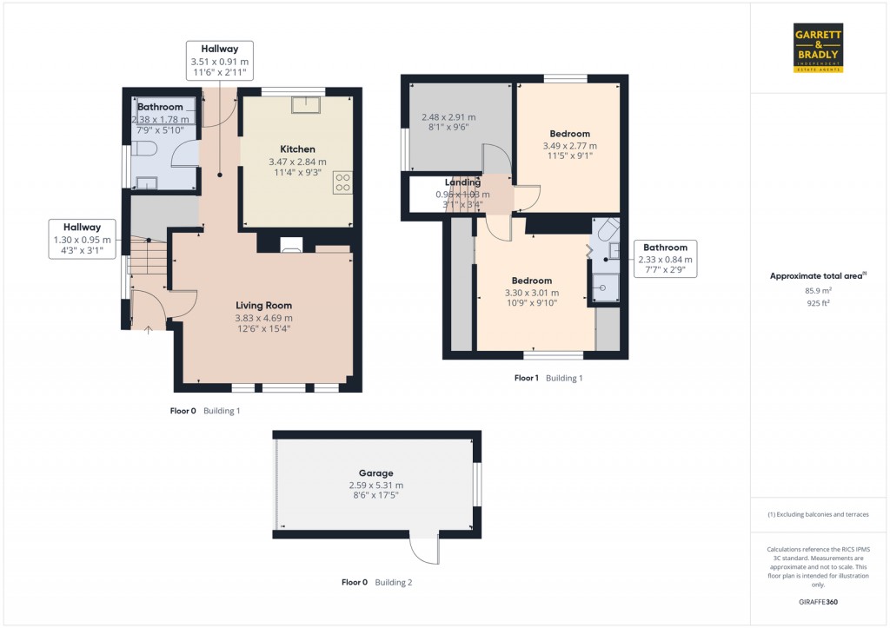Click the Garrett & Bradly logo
coord(818,48)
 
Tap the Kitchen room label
coord(297,149)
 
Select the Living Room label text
coord(263,306)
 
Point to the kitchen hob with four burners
coord(342,182)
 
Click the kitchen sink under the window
coord(306,105)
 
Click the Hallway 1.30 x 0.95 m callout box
coord(81,239)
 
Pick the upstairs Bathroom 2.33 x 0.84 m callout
coord(665,259)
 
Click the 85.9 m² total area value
coord(818,291)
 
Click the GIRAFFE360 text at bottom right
coord(818,602)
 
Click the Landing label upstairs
coord(462,182)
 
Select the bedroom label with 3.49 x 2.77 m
coord(569,134)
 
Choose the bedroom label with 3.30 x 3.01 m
coord(531,281)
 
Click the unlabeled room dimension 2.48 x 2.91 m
coord(448,116)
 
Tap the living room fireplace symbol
coord(292,247)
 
